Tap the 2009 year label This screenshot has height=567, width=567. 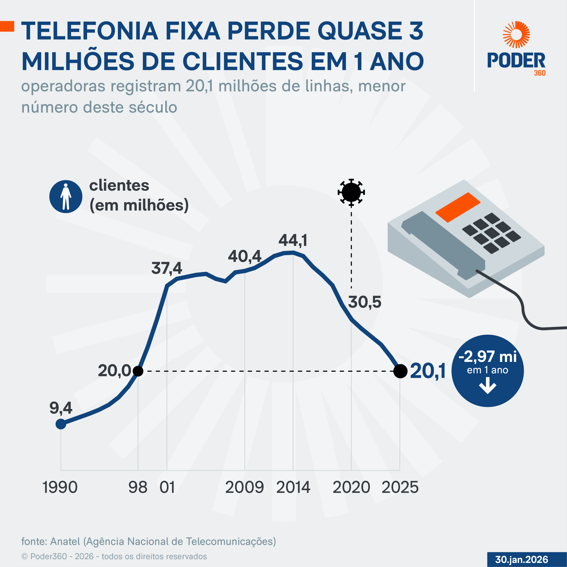pos(245,487)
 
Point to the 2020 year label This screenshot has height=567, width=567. pos(351,487)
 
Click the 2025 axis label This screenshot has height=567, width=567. pos(400,487)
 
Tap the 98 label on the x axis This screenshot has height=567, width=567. pos(138,487)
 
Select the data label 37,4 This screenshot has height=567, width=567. pos(167,268)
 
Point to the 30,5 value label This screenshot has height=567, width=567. pos(365,302)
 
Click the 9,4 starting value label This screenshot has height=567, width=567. pos(61,408)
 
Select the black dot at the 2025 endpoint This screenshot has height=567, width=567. pos(400,371)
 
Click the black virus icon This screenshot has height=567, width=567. pos(351,192)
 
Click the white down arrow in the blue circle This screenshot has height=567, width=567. pos(487,386)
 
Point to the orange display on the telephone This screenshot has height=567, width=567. pos(458,207)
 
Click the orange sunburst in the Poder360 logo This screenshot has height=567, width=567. pos(516,34)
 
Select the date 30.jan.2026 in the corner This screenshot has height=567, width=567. pos(522,559)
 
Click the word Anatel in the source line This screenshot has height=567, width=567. pos(65,541)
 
